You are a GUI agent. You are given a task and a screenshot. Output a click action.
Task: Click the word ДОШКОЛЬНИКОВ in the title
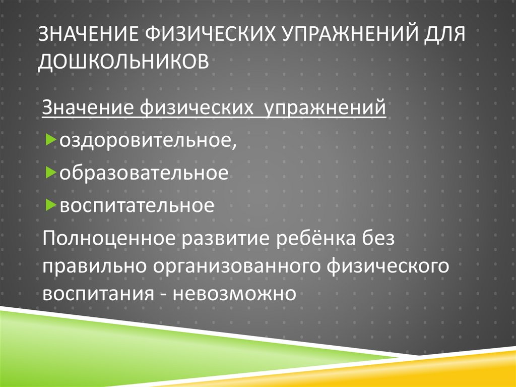(123, 61)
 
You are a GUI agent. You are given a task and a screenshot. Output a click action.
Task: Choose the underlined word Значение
(87, 108)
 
